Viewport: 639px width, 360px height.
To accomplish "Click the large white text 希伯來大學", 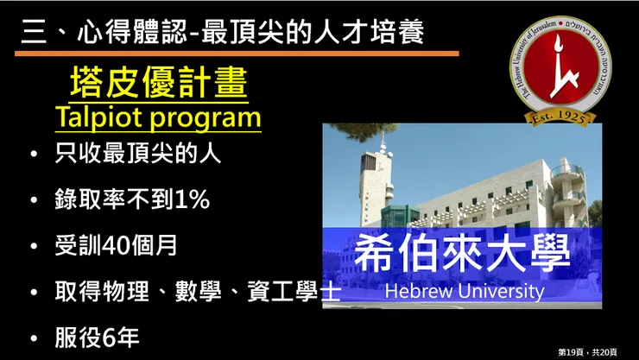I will pyautogui.click(x=463, y=253).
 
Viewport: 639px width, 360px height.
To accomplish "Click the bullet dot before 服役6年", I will pyautogui.click(x=33, y=337).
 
